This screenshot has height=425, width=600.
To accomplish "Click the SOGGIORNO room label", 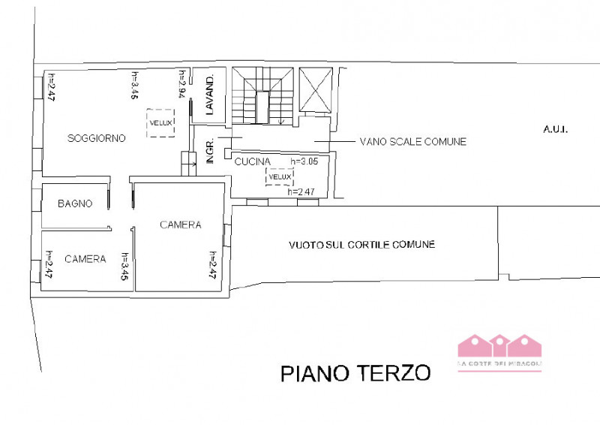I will coord(96,138).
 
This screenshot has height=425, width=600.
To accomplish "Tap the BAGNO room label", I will coord(75,203).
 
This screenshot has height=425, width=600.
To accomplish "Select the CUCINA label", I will coord(253,162).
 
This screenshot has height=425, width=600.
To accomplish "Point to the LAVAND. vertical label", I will coord(211,95).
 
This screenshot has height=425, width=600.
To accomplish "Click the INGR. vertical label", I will coord(211,151).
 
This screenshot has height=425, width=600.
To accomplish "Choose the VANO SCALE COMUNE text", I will coord(412,141).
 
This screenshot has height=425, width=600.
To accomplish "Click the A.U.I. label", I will coord(556,129).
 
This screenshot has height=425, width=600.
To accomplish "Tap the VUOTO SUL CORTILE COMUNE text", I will coord(362,245).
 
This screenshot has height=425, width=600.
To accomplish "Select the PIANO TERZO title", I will coord(355,373).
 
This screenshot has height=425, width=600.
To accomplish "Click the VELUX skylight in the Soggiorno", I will coord(160,122).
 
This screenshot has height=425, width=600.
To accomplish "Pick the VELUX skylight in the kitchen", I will coord(279,176).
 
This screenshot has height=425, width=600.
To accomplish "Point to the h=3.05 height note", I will coord(304,161).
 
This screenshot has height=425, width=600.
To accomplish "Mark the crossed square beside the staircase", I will coord(315,90).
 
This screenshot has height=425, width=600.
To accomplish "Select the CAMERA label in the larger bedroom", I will coord(181,225).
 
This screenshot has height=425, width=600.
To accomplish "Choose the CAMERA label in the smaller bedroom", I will coord(85,259).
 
